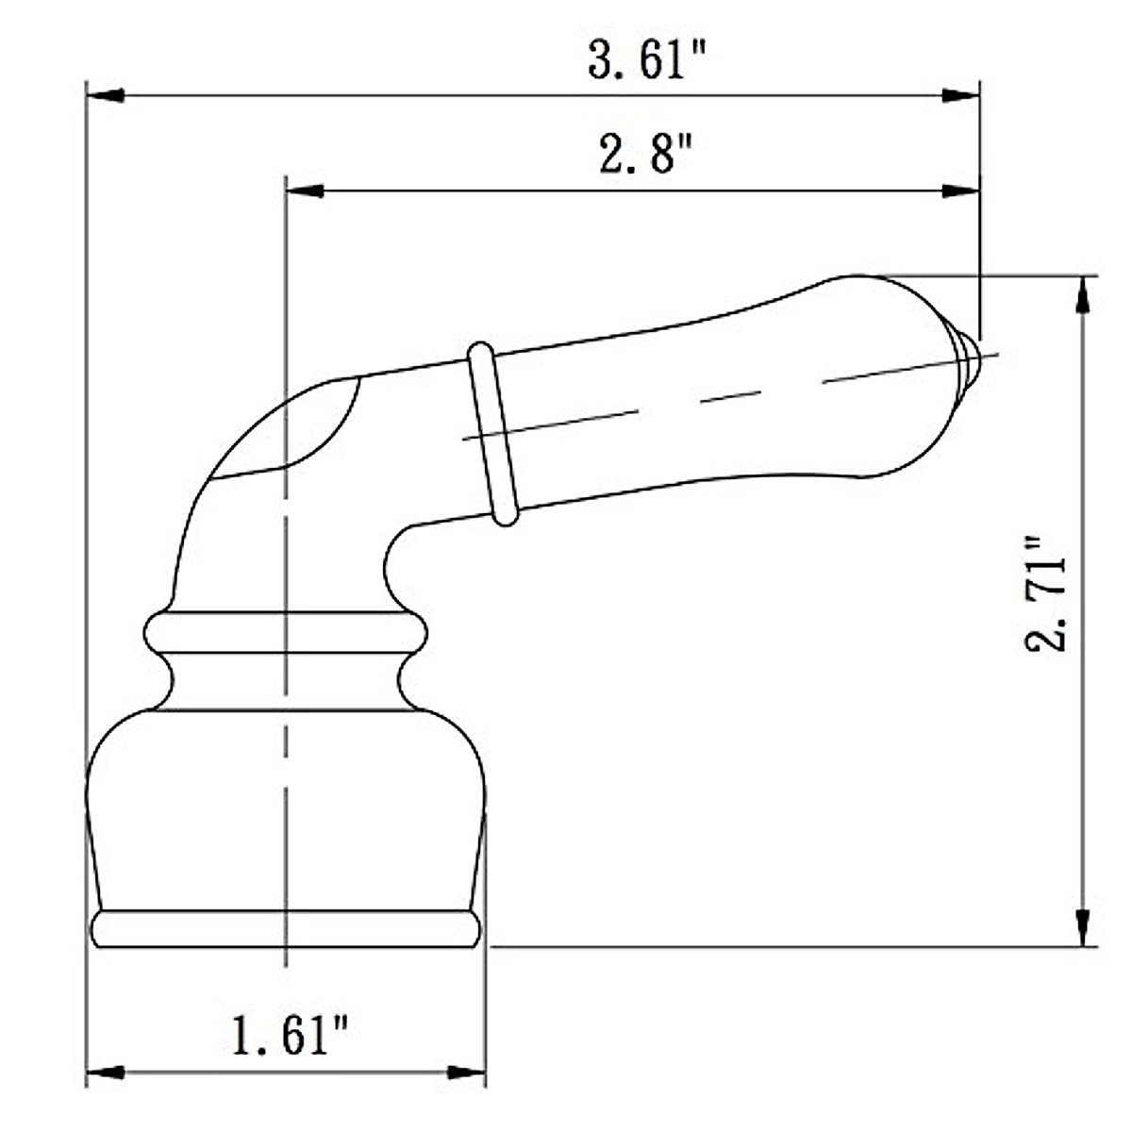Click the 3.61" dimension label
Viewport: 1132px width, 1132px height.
point(646,60)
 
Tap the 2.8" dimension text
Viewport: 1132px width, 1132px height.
point(646,154)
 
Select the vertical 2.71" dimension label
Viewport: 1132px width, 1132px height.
point(1046,593)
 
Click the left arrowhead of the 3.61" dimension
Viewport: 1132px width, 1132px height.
point(105,95)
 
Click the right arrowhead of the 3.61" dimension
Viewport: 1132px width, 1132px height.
point(961,95)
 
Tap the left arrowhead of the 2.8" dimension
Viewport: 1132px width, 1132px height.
point(305,191)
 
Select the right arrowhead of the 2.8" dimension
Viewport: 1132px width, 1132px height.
point(961,191)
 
